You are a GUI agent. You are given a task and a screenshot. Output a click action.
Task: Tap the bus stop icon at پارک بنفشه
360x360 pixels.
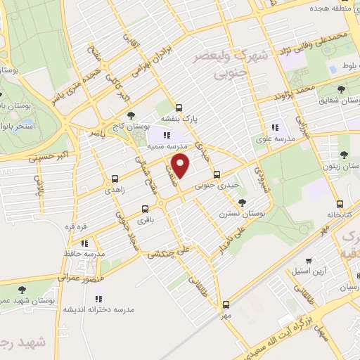(179, 108)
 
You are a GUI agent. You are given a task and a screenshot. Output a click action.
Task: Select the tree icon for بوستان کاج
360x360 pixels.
(131, 115)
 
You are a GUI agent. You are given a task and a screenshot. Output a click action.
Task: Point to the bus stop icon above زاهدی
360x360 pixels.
(115, 179)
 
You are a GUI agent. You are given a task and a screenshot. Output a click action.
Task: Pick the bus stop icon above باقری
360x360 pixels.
(145, 209)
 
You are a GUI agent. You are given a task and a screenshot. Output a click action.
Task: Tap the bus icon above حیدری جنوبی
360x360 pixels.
(216, 174)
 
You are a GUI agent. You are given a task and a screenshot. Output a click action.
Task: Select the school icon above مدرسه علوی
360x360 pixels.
(275, 128)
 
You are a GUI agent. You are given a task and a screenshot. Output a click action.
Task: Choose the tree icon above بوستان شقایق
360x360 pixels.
(342, 90)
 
